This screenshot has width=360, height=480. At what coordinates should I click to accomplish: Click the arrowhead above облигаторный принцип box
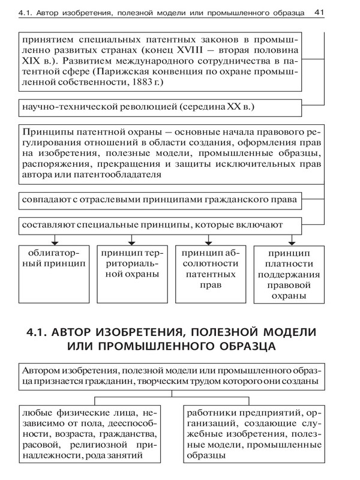coord(55,240)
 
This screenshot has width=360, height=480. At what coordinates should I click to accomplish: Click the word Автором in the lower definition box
coord(39,369)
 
